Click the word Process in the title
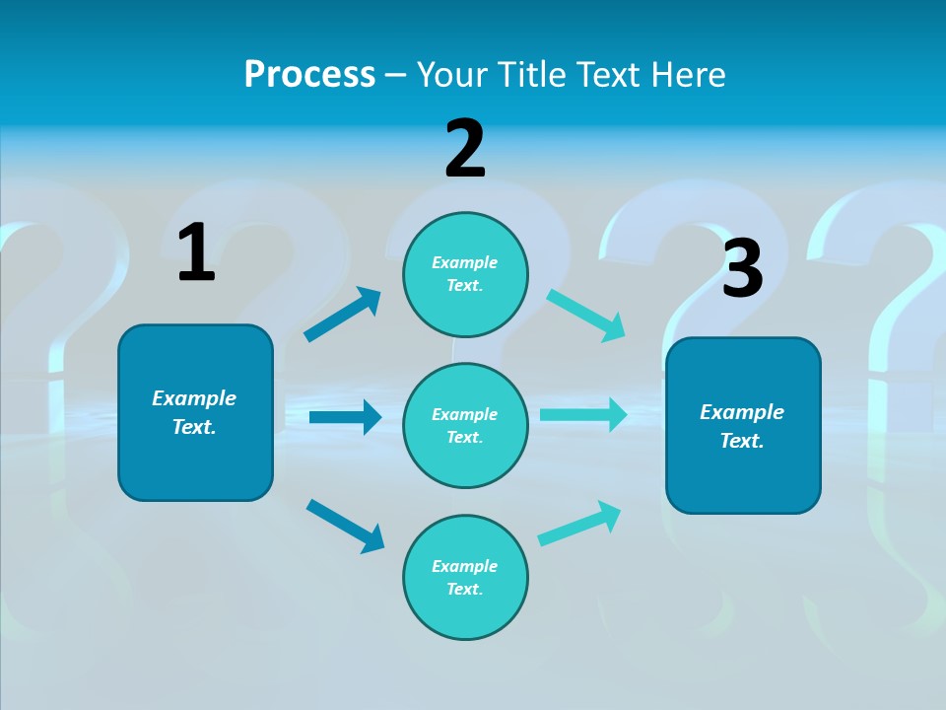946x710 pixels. pyautogui.click(x=310, y=74)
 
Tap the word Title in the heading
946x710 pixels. pyautogui.click(x=533, y=74)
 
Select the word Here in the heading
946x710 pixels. pyautogui.click(x=688, y=74)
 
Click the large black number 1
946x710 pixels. pyautogui.click(x=196, y=251)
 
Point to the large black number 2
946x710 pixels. pyautogui.click(x=465, y=149)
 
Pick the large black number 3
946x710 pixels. pyautogui.click(x=743, y=267)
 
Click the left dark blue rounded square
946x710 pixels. pyautogui.click(x=195, y=413)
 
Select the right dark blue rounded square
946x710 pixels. pyautogui.click(x=743, y=426)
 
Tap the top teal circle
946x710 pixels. pyautogui.click(x=465, y=274)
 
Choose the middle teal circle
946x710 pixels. pyautogui.click(x=465, y=426)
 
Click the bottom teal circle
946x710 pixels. pyautogui.click(x=465, y=577)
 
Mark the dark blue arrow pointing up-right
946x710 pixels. pyautogui.click(x=342, y=315)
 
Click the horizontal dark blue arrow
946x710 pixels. pyautogui.click(x=346, y=416)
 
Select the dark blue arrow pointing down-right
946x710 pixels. pyautogui.click(x=345, y=526)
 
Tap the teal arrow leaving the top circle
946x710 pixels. pyautogui.click(x=585, y=316)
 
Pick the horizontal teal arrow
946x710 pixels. pyautogui.click(x=583, y=414)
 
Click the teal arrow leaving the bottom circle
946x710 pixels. pyautogui.click(x=579, y=524)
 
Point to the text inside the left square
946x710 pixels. pyautogui.click(x=194, y=412)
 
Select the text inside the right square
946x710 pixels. pyautogui.click(x=742, y=426)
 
